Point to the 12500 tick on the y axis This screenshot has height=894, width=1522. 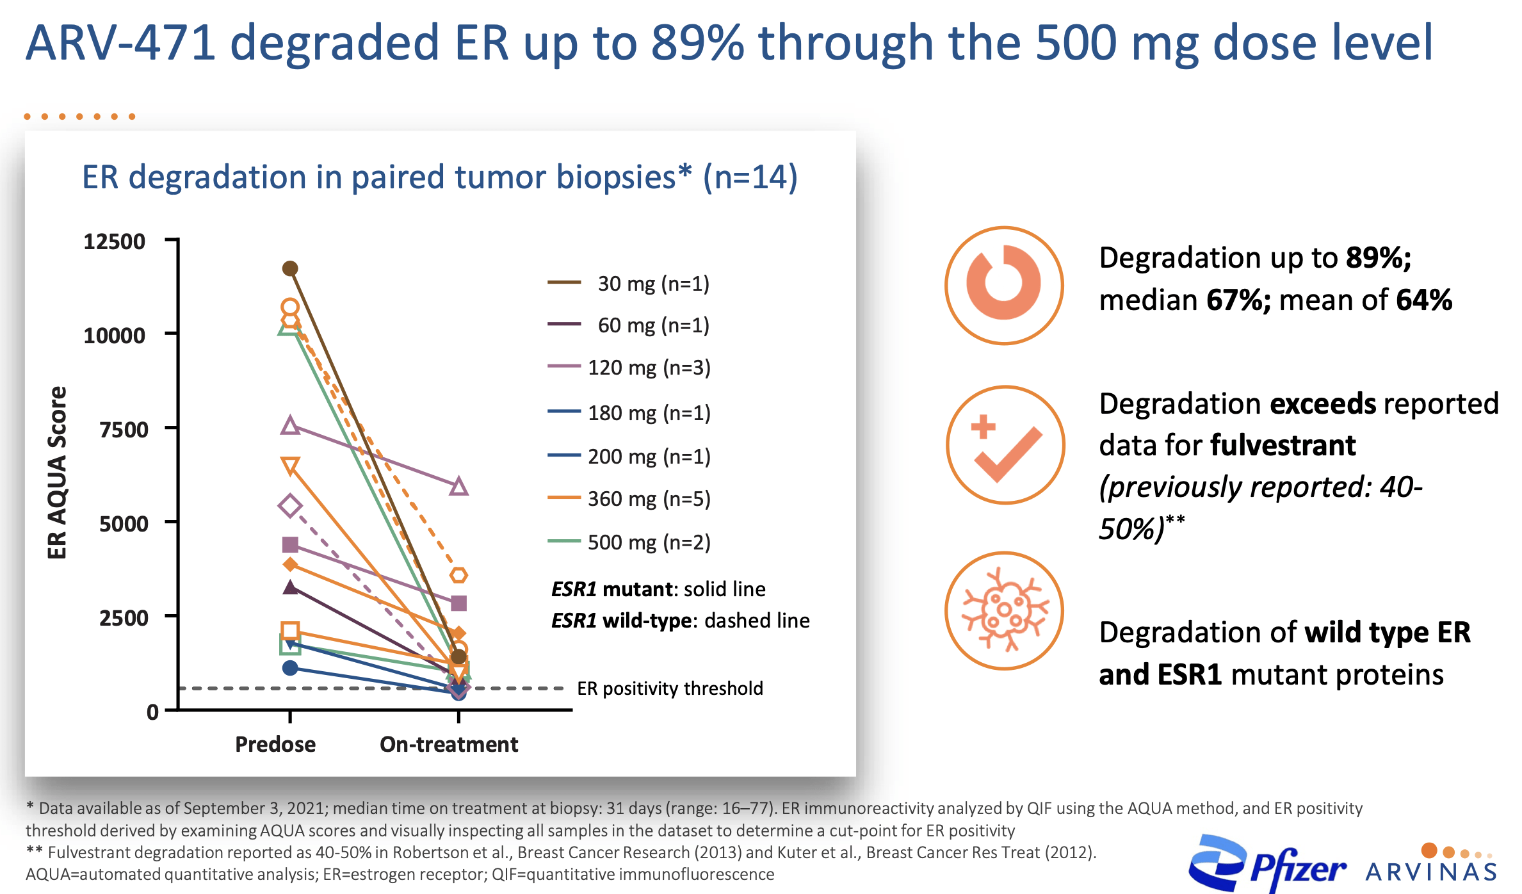pos(115,241)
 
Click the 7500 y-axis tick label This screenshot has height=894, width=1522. pos(124,429)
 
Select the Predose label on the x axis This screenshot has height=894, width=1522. pos(275,744)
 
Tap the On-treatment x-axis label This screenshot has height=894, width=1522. pos(449,744)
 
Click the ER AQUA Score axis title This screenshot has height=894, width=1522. pos(57,473)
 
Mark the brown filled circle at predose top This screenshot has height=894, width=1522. pos(290,268)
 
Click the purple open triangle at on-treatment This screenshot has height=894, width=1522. pos(458,487)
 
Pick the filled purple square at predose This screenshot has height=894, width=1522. pos(290,544)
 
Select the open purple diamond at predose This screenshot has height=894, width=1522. pos(290,506)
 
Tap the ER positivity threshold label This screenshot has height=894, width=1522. pos(670,688)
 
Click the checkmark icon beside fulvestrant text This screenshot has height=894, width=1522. pos(1005,445)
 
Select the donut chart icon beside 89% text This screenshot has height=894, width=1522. pos(1003,285)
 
